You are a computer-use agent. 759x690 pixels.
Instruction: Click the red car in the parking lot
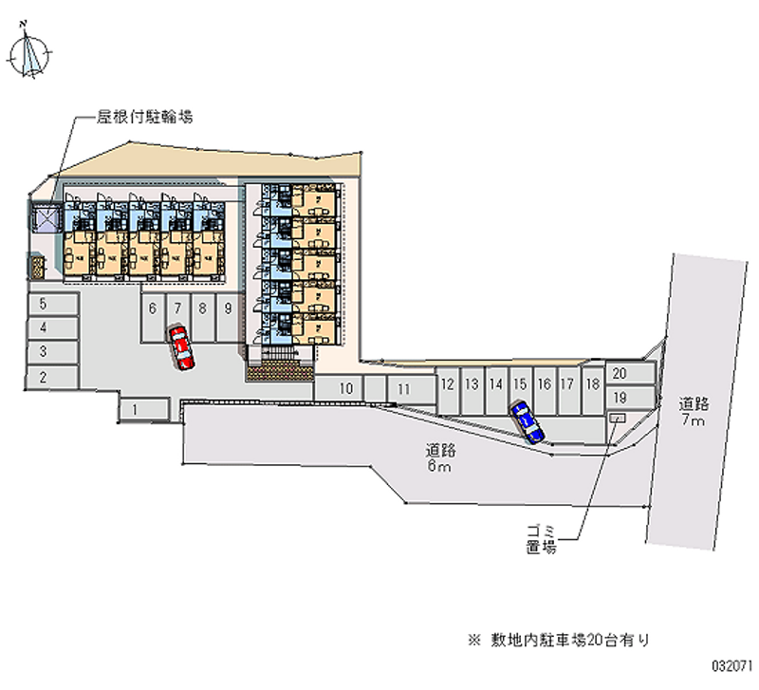pyautogui.click(x=180, y=347)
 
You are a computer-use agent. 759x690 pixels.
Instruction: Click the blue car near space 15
pyautogui.click(x=527, y=421)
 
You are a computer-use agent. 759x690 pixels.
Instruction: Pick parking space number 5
pyautogui.click(x=44, y=304)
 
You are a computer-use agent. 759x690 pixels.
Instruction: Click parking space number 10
pyautogui.click(x=347, y=387)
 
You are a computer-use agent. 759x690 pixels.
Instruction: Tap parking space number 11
pyautogui.click(x=403, y=388)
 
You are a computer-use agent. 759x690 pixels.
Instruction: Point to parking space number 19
pyautogui.click(x=620, y=397)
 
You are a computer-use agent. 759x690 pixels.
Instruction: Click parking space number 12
pyautogui.click(x=447, y=383)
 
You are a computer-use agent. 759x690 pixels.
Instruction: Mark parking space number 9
pyautogui.click(x=228, y=308)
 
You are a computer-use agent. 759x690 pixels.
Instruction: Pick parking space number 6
pyautogui.click(x=153, y=308)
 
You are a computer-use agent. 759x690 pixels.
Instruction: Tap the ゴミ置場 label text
pyautogui.click(x=540, y=539)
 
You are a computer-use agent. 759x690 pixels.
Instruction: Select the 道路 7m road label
pyautogui.click(x=692, y=410)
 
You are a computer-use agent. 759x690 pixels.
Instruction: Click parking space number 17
pyautogui.click(x=566, y=383)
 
